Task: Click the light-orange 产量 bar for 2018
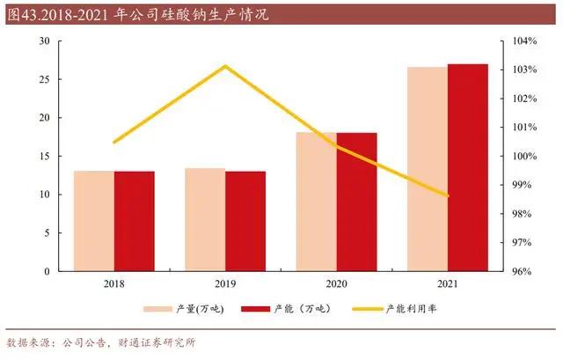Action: click(93, 221)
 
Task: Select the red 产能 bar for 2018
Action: click(134, 221)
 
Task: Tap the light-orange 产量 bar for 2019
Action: click(204, 219)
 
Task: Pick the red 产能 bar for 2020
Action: click(356, 202)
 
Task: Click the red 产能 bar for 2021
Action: click(467, 167)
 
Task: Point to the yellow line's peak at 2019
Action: click(225, 66)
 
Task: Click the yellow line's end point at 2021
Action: click(447, 196)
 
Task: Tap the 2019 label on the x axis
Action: click(224, 283)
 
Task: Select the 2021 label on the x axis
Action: click(447, 283)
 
